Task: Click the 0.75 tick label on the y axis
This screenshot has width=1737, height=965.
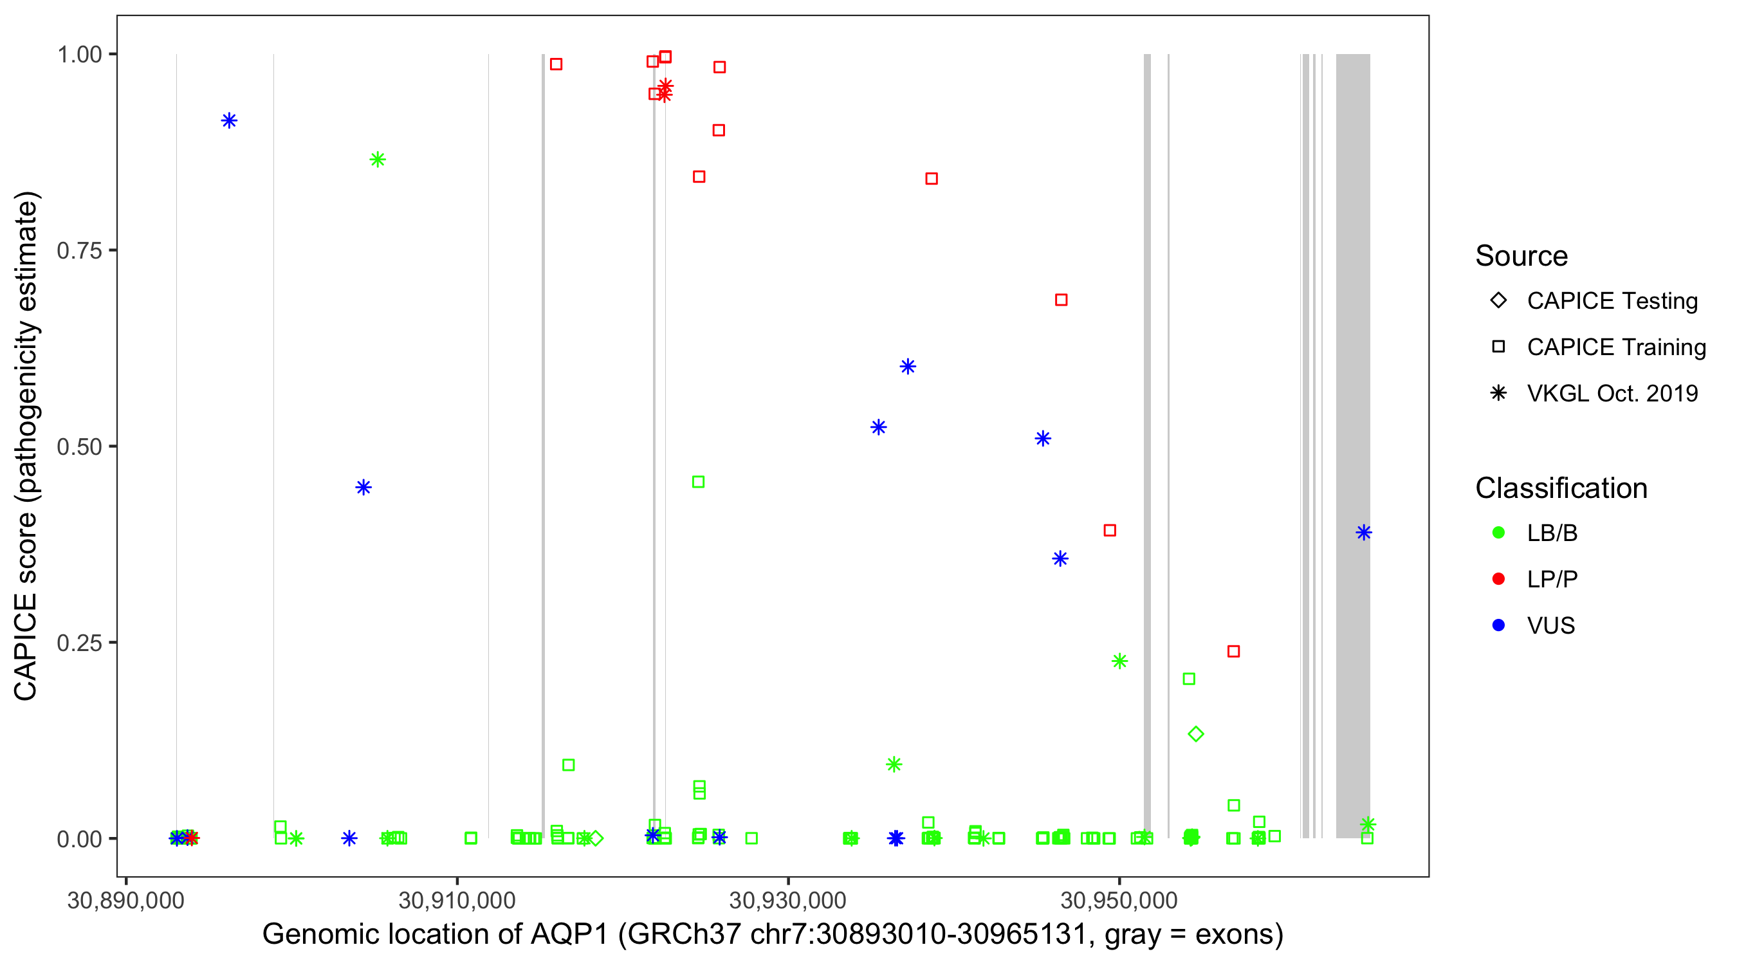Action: tap(79, 251)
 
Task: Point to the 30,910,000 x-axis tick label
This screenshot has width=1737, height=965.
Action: tap(457, 900)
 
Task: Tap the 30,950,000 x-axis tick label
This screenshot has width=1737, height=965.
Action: tap(1119, 900)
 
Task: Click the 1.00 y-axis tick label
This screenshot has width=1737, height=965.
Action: tap(79, 55)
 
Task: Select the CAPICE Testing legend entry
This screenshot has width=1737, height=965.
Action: tap(1612, 301)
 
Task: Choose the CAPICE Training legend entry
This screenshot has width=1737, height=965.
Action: tap(1615, 347)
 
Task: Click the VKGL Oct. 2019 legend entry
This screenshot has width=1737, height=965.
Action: tap(1612, 394)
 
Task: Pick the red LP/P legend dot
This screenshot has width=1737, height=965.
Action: tap(1498, 579)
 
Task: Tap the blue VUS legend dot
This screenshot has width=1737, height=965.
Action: tap(1498, 626)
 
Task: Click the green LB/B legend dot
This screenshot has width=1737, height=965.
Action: tap(1498, 533)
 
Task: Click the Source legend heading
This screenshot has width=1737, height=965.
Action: tap(1521, 256)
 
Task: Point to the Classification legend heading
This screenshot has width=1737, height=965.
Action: tap(1560, 488)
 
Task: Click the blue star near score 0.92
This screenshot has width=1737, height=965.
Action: tap(229, 122)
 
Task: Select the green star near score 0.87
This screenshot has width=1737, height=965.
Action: tap(378, 160)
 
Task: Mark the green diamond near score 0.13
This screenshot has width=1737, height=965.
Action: tap(1195, 733)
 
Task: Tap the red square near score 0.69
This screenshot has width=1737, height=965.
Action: tap(1061, 300)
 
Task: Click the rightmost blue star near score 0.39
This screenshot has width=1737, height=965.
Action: tap(1363, 533)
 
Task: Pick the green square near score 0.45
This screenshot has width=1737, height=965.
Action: tap(699, 482)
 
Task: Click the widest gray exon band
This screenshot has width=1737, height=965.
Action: tap(1353, 445)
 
